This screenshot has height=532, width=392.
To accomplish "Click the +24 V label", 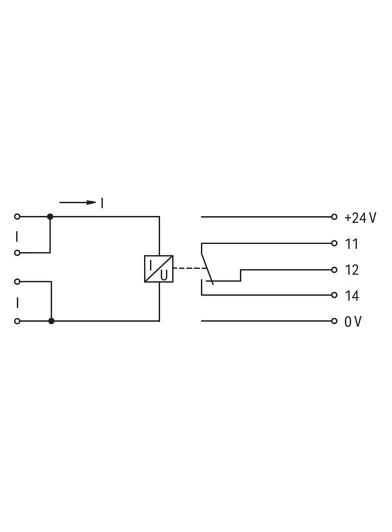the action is [x=360, y=218].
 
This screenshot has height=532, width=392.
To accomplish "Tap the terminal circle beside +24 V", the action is [x=334, y=217].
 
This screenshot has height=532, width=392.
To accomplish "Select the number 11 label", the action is [x=352, y=244].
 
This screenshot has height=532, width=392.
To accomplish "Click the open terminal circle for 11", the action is [x=334, y=243].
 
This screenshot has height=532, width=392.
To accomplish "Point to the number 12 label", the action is [x=352, y=270].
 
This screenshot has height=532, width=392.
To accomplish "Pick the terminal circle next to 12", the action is [x=334, y=269].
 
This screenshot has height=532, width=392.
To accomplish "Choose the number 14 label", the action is [x=352, y=296].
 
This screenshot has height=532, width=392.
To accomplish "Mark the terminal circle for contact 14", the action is [x=334, y=295].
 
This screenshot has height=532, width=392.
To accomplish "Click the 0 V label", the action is [x=353, y=321].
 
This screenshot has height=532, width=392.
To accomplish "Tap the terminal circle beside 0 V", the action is [x=334, y=321].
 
